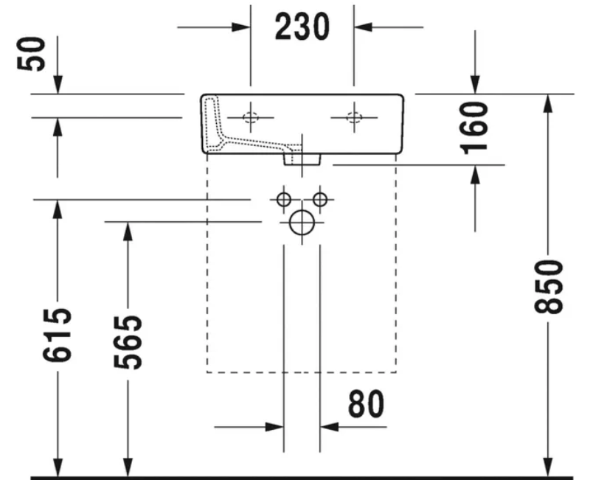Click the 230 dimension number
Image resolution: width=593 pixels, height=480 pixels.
pos(302,27)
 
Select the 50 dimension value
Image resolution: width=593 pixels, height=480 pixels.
pos(31,54)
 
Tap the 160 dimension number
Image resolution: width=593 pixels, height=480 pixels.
pos(474,128)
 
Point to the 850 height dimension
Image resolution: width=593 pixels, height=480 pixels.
pos(549,287)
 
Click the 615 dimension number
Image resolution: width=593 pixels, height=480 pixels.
pos(57,335)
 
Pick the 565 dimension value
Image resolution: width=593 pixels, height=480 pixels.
pos(128,342)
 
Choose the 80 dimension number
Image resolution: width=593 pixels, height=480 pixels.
pos(366,404)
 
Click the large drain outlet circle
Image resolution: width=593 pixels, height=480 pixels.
pos(302,222)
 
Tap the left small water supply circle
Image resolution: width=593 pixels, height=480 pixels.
pos(284,199)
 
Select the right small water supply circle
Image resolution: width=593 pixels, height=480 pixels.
pos(320,199)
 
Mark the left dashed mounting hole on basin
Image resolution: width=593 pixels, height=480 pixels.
pos(250,117)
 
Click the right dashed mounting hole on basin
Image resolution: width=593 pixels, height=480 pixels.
pos(354,117)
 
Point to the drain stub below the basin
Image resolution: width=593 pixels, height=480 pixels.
pos(302,159)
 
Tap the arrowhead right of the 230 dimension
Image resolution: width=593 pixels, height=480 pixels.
pos(364,27)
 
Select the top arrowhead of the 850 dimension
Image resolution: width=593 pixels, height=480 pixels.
pos(548,103)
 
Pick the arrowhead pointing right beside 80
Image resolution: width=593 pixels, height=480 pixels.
pos(274,427)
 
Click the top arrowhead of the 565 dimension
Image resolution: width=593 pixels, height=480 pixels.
pos(128,232)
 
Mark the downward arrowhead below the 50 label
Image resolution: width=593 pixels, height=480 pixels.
pos(58,85)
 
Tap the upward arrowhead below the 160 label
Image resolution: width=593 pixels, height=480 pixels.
pos(475,174)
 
